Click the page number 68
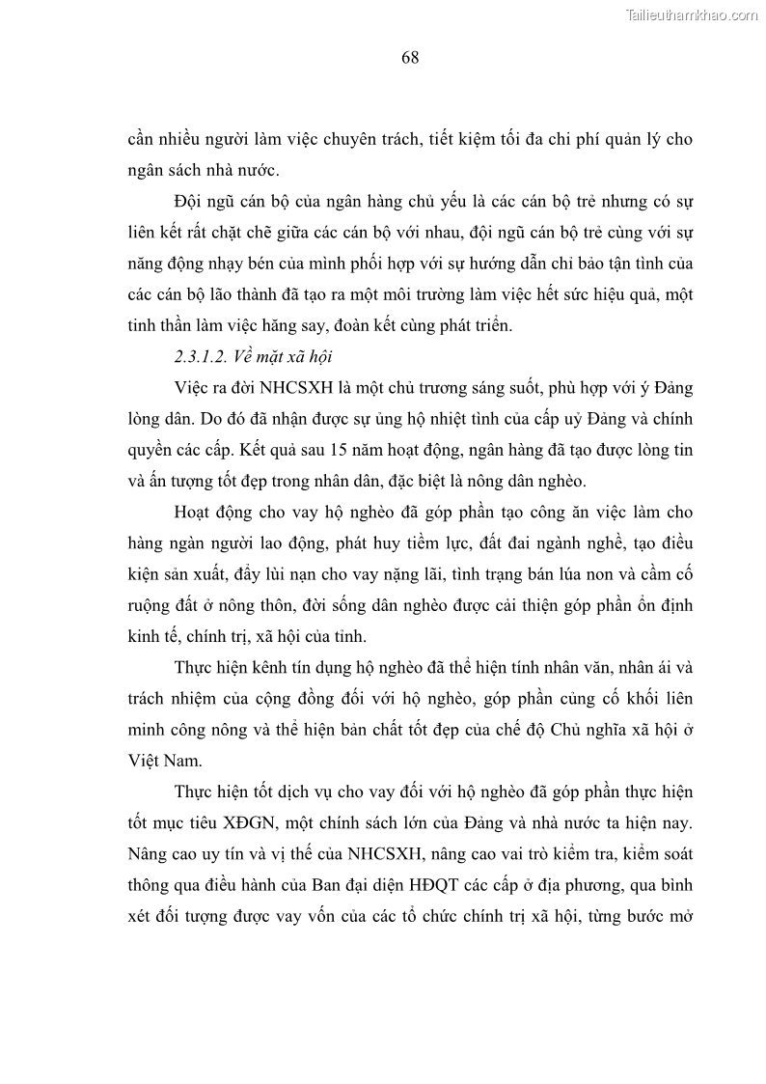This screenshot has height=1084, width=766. point(410,58)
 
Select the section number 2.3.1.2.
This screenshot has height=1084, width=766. point(201,356)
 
